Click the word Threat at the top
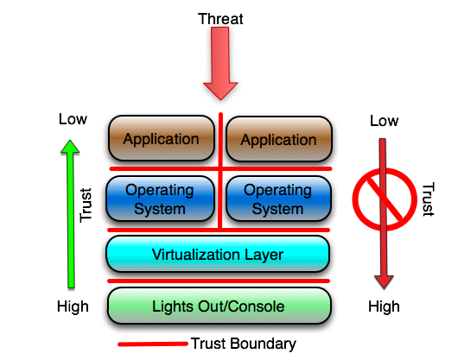click(220, 18)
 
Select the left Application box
click(161, 139)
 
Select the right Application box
click(278, 140)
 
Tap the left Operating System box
click(161, 199)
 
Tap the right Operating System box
click(278, 199)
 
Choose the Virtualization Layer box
click(218, 255)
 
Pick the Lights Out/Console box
click(218, 306)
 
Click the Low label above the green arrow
click(73, 118)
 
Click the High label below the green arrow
click(73, 306)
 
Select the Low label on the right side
click(385, 120)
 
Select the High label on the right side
click(384, 306)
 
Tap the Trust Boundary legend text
click(243, 344)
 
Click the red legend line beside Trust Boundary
click(154, 344)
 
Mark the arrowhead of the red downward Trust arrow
click(385, 281)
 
